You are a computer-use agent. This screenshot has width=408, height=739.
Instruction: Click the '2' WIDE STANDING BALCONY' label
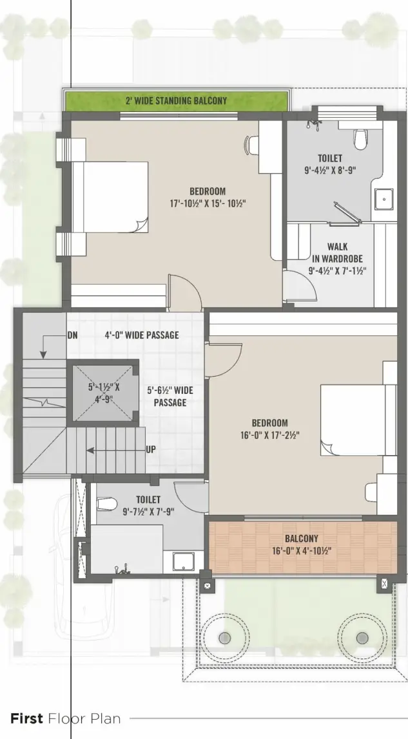(176, 100)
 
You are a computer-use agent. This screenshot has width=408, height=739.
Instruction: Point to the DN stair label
(73, 335)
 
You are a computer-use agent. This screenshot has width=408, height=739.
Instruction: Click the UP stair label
(150, 449)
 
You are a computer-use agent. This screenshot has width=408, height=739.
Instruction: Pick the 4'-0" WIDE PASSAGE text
(142, 335)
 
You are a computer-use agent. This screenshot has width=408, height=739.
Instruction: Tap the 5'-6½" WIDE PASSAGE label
(170, 397)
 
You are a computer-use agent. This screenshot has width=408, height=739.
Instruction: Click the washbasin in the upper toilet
(384, 200)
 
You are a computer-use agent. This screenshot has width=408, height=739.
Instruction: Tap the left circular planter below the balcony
(224, 637)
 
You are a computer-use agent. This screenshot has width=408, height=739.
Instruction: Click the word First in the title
(26, 718)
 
